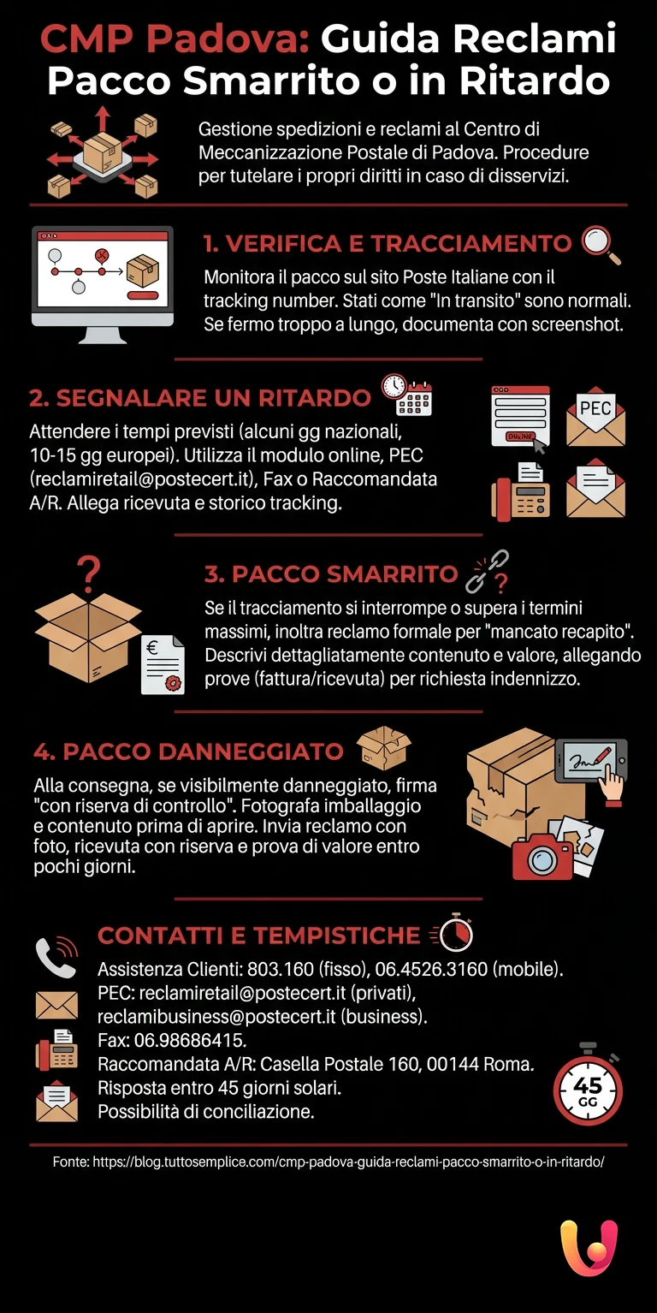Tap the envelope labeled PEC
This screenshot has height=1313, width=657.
(595, 417)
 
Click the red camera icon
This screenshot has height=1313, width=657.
(542, 855)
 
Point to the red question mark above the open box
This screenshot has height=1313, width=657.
(88, 571)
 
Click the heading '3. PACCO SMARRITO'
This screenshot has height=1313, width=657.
(331, 573)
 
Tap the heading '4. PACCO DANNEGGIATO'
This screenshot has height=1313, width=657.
(188, 752)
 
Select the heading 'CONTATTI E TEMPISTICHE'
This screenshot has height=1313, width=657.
(258, 936)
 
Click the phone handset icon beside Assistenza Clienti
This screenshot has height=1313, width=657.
(56, 958)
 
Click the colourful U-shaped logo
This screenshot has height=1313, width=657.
(589, 1247)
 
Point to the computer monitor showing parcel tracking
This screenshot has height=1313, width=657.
(102, 283)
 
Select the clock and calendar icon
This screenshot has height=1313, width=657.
(406, 395)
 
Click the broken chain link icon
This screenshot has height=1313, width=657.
(486, 571)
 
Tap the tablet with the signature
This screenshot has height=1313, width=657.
(590, 760)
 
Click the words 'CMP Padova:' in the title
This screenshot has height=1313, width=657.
(175, 39)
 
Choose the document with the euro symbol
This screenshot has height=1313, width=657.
(163, 664)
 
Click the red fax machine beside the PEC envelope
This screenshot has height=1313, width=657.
(520, 492)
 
